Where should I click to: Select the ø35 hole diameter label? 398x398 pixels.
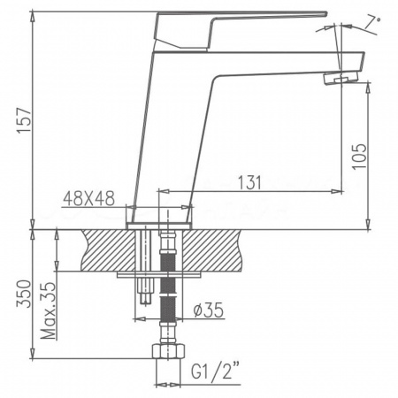[x=205, y=310]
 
